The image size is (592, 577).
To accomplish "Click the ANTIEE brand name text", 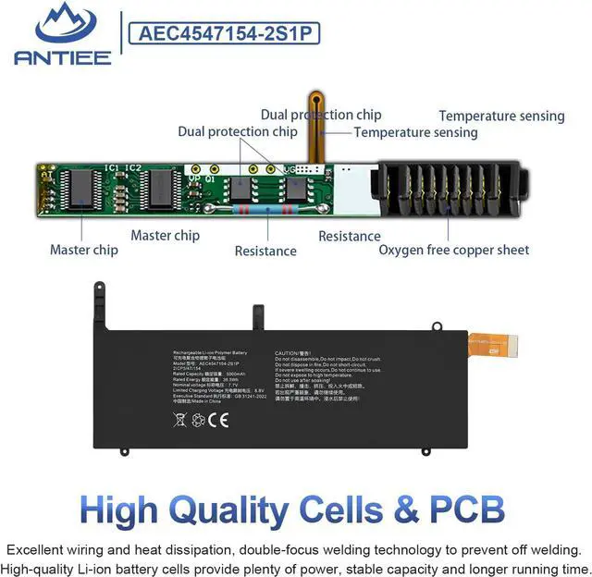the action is [x=63, y=57].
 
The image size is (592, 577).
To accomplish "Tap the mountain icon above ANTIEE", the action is [x=62, y=24].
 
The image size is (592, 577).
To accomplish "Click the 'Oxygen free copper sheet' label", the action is [x=454, y=250].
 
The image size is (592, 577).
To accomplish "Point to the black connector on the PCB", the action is [x=445, y=190].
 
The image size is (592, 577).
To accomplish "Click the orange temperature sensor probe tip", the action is [x=316, y=101].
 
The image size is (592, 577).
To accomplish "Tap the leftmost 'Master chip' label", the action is [x=83, y=250].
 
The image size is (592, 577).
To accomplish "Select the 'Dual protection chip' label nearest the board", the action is [x=238, y=131].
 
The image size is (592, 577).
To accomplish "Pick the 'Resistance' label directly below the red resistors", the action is [x=265, y=251].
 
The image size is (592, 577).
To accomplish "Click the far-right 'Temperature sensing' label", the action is [x=501, y=116].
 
